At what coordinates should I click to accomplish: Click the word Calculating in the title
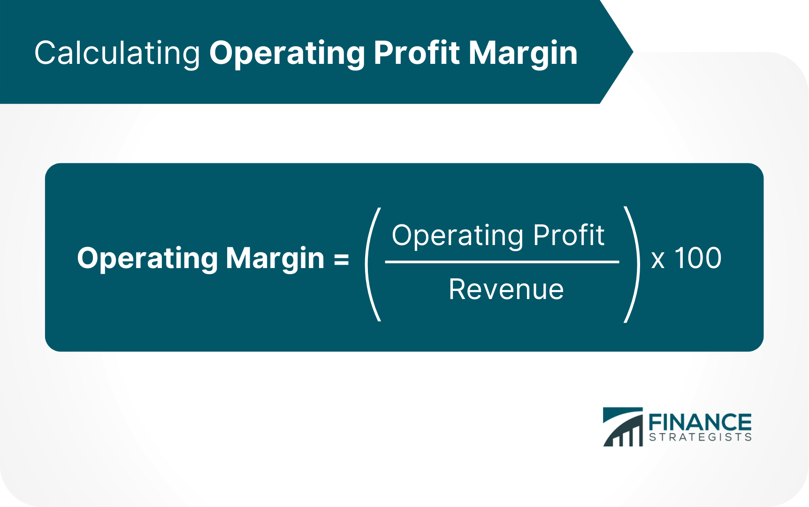pos(117,53)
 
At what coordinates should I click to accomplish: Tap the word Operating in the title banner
pos(287,53)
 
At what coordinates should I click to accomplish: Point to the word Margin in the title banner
pos(523,54)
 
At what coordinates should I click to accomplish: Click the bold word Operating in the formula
pos(148,259)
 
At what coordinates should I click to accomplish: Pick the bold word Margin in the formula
pos(275,259)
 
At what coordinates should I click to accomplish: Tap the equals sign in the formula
pos(341,260)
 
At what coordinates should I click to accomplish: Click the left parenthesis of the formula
pos(372,264)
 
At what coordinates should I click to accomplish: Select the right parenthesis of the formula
pos(632,264)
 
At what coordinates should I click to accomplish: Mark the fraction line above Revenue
pos(502,262)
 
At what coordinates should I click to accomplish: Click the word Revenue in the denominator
pos(506,289)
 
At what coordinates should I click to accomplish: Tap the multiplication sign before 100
pos(658,260)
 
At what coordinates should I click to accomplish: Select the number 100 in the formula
pos(698,258)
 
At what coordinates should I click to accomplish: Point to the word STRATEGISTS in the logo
pos(700,437)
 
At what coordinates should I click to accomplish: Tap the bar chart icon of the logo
pos(623,427)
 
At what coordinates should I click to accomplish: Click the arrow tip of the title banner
pos(633,52)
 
